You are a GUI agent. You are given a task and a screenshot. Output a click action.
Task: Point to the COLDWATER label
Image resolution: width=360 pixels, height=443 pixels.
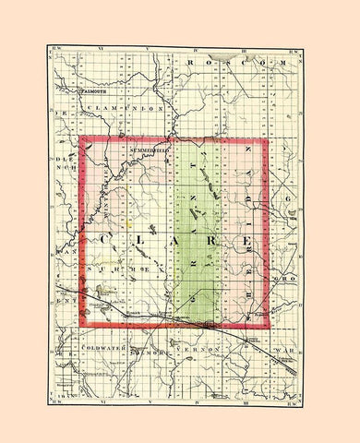pos(103,348)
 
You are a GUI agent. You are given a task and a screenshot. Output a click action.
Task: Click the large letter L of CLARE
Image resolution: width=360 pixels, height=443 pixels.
pos(145,241)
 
